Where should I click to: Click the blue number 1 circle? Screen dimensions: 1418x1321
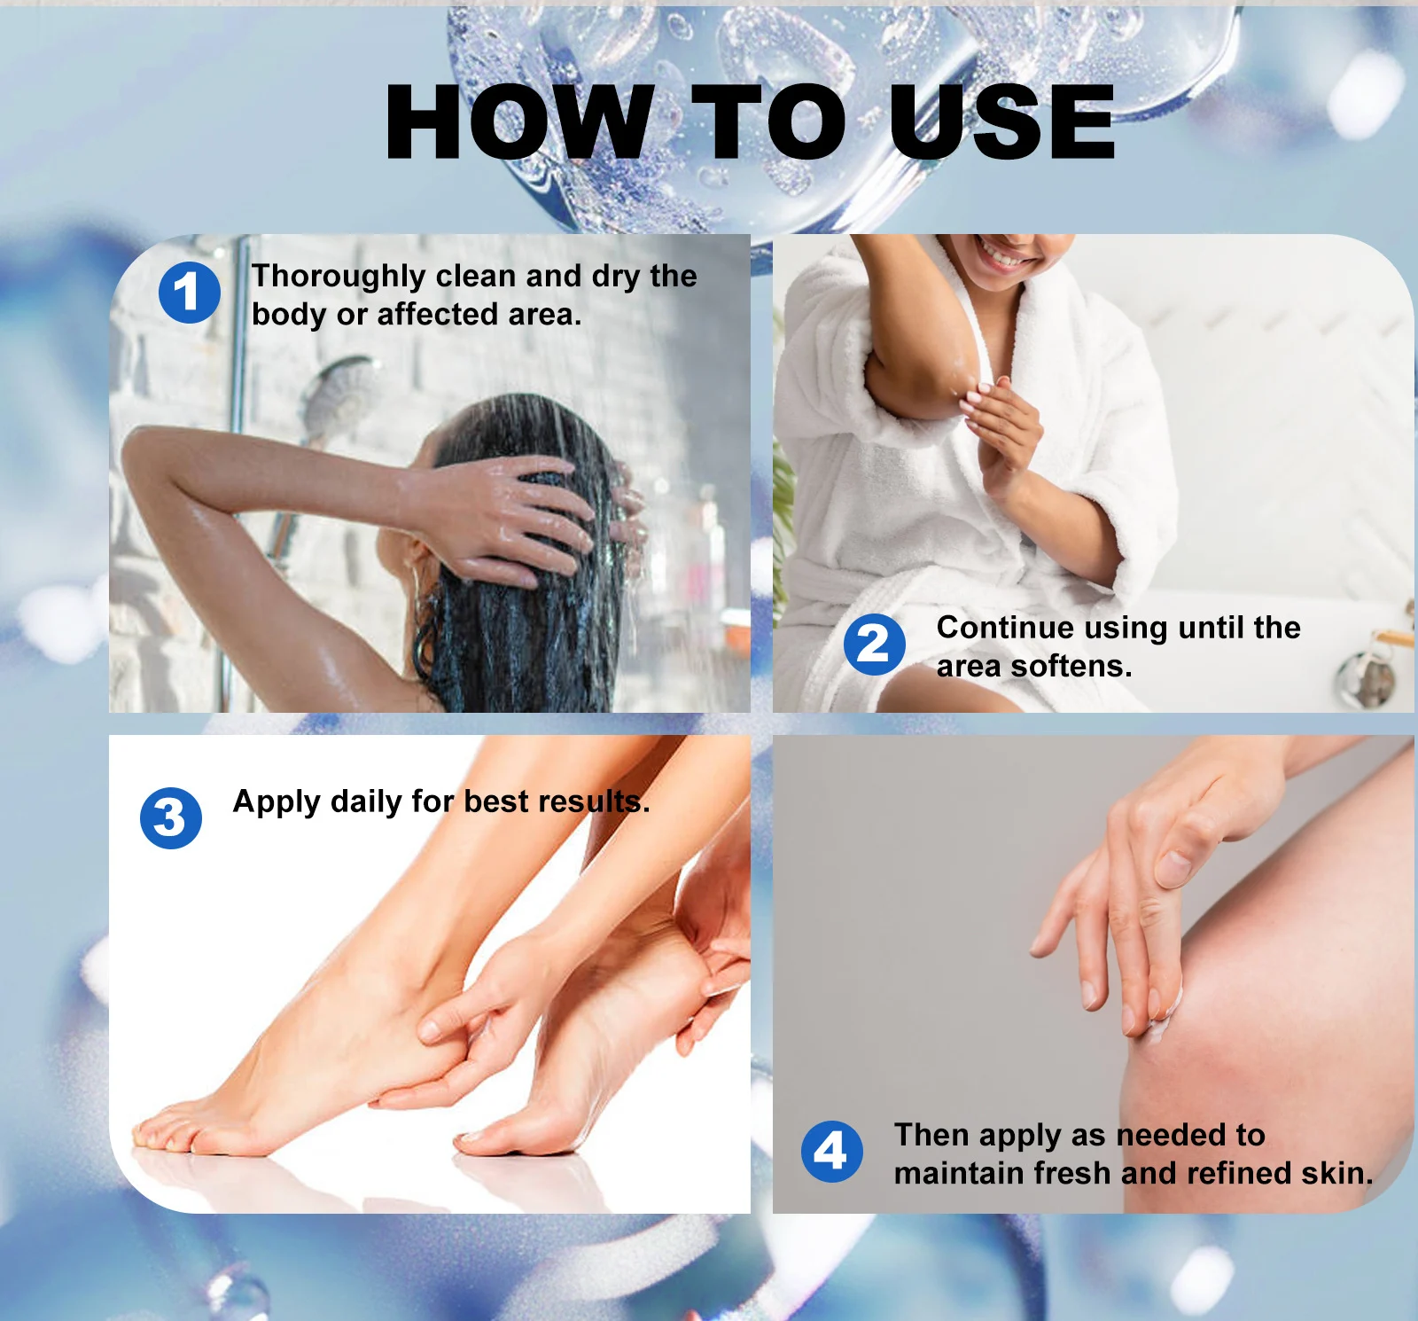(189, 293)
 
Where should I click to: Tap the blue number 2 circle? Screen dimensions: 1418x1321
(874, 645)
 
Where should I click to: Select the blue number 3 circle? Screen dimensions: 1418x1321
(171, 817)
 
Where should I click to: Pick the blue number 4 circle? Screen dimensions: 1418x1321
(831, 1152)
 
